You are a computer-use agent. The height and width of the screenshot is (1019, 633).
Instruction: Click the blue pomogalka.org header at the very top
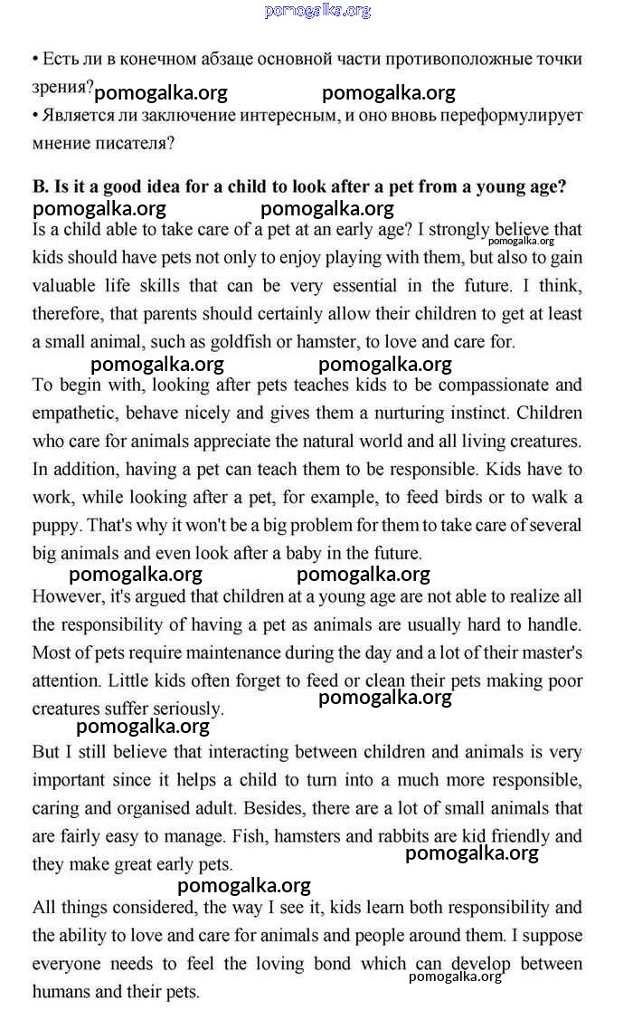pos(317,11)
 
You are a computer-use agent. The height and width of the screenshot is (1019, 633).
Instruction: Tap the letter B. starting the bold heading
pos(40,187)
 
